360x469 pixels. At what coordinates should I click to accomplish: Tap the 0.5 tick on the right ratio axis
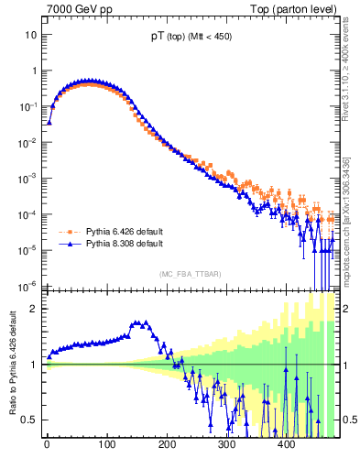(350, 420)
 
